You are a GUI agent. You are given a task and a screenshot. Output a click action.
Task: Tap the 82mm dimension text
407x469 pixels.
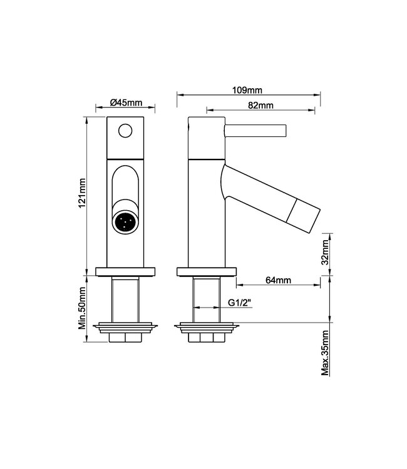click(259, 105)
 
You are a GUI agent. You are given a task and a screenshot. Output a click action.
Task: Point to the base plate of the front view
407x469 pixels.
click(126, 271)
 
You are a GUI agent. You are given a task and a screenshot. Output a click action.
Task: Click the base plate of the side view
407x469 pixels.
click(207, 271)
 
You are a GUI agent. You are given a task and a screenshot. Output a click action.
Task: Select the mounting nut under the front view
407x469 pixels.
click(126, 337)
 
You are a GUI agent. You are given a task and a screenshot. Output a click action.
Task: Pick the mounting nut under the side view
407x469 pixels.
click(207, 337)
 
